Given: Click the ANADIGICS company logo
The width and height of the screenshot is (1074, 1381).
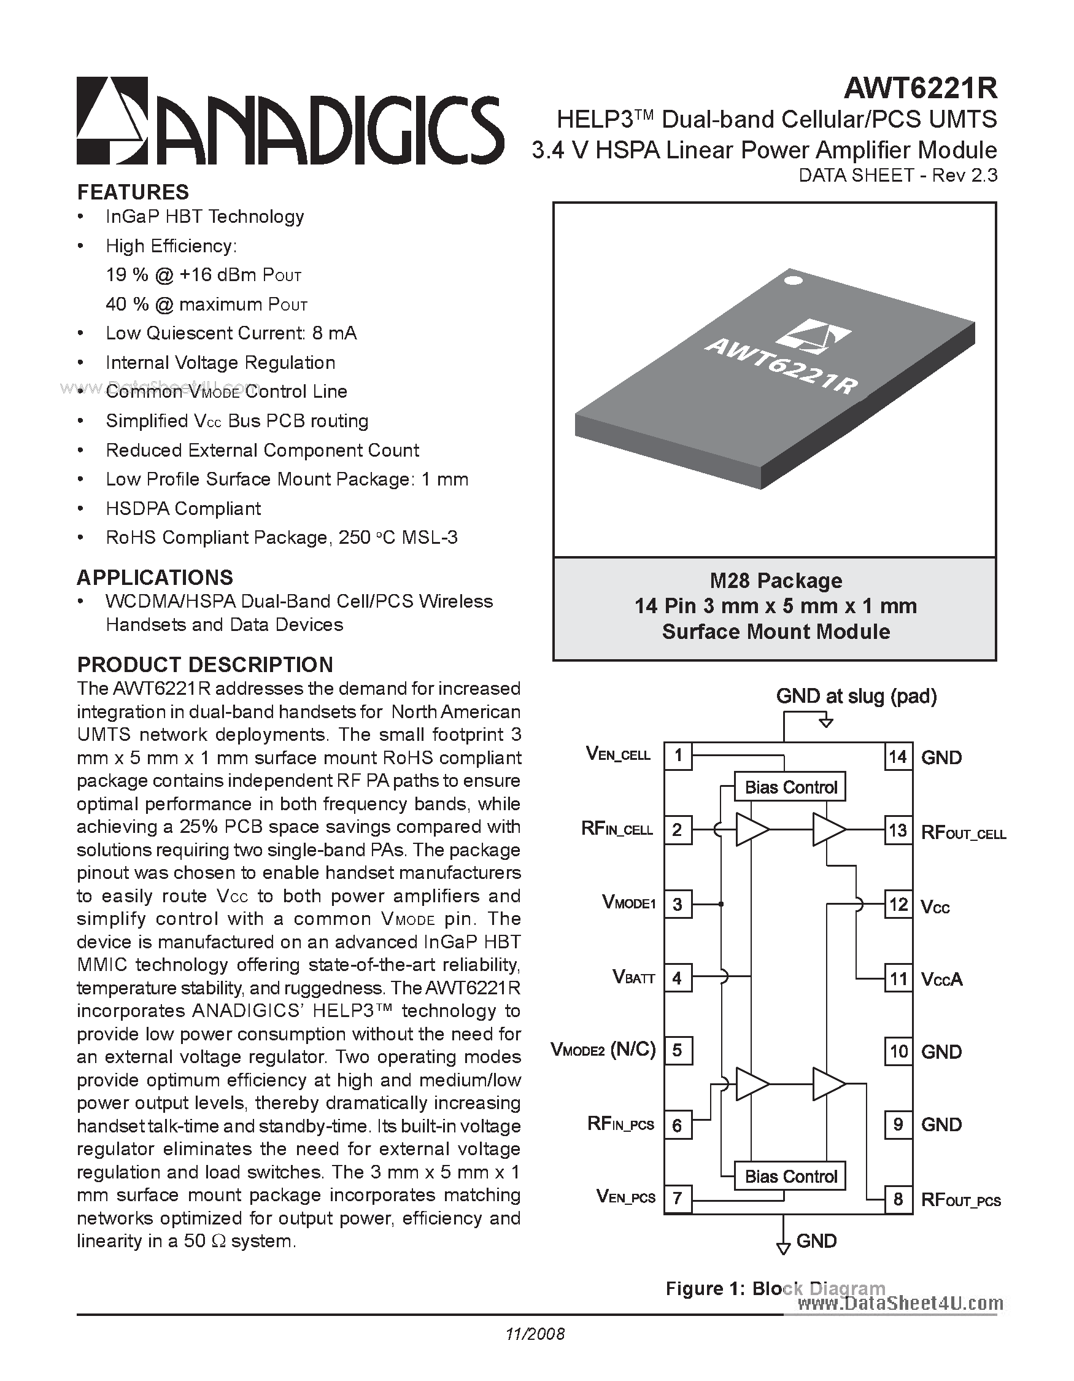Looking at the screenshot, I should (x=290, y=121).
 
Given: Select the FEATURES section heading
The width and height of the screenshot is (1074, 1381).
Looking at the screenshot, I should (x=133, y=192).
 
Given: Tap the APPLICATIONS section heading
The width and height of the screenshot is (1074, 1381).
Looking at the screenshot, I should (x=155, y=578).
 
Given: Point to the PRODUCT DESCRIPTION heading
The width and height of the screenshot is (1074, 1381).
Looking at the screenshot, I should (x=205, y=665).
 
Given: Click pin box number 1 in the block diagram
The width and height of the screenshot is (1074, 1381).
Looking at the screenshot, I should (x=678, y=756).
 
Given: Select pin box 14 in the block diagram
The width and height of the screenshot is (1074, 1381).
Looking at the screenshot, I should (x=898, y=757).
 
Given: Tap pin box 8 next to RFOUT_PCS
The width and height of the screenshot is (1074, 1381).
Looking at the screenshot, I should (x=898, y=1199).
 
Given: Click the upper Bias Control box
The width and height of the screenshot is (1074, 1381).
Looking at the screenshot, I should (x=790, y=787).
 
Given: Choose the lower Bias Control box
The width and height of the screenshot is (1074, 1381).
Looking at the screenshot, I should (x=790, y=1176).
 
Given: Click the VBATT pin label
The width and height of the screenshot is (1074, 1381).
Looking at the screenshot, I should (x=633, y=978).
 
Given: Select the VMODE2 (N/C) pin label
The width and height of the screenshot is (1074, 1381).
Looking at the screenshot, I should (x=603, y=1050).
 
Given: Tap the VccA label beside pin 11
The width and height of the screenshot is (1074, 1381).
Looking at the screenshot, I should (x=941, y=980).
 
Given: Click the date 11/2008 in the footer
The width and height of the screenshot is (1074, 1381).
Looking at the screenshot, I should (x=535, y=1334).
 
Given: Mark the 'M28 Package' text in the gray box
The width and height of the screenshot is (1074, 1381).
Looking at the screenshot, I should (x=776, y=581).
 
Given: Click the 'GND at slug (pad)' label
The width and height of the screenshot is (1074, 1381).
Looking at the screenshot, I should (x=856, y=696).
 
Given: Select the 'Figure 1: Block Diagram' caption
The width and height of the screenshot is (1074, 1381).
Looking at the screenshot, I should (x=775, y=1289).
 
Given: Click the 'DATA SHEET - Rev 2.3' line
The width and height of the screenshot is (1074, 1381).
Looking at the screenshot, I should (x=898, y=175).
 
